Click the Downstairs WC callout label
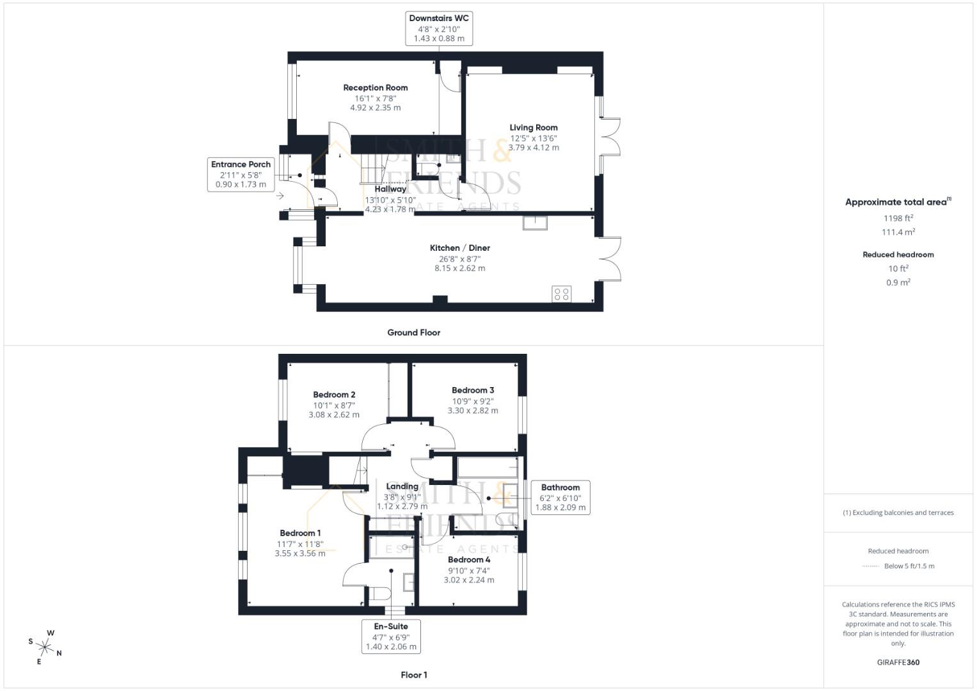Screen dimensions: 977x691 pos(439,28)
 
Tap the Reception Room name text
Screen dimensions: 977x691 pos(375,88)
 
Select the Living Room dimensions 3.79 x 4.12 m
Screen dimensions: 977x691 pos(534,147)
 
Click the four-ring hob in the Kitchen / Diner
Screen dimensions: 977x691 pos(561,294)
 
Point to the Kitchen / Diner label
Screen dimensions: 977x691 pos(460,248)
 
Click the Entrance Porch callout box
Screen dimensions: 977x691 pos(241,175)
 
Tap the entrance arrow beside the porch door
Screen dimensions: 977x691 pos(280,196)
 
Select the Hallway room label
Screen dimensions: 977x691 pos(390,189)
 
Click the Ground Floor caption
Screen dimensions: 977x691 pos(413,333)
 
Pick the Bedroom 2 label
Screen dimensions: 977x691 pos(334,394)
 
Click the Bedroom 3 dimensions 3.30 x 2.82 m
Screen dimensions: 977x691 pos(473,411)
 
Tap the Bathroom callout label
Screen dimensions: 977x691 pos(560,497)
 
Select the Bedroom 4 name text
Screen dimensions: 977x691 pos(469,559)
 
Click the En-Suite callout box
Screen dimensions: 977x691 pos(391,636)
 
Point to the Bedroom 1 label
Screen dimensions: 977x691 pos(300,533)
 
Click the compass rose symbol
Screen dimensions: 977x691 pos(45,647)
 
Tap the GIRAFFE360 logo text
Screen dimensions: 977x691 pos(898,662)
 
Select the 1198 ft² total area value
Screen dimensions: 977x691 pos(898,218)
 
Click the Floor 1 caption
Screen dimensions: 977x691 pos(414,675)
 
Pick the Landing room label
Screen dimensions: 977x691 pos(402,486)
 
